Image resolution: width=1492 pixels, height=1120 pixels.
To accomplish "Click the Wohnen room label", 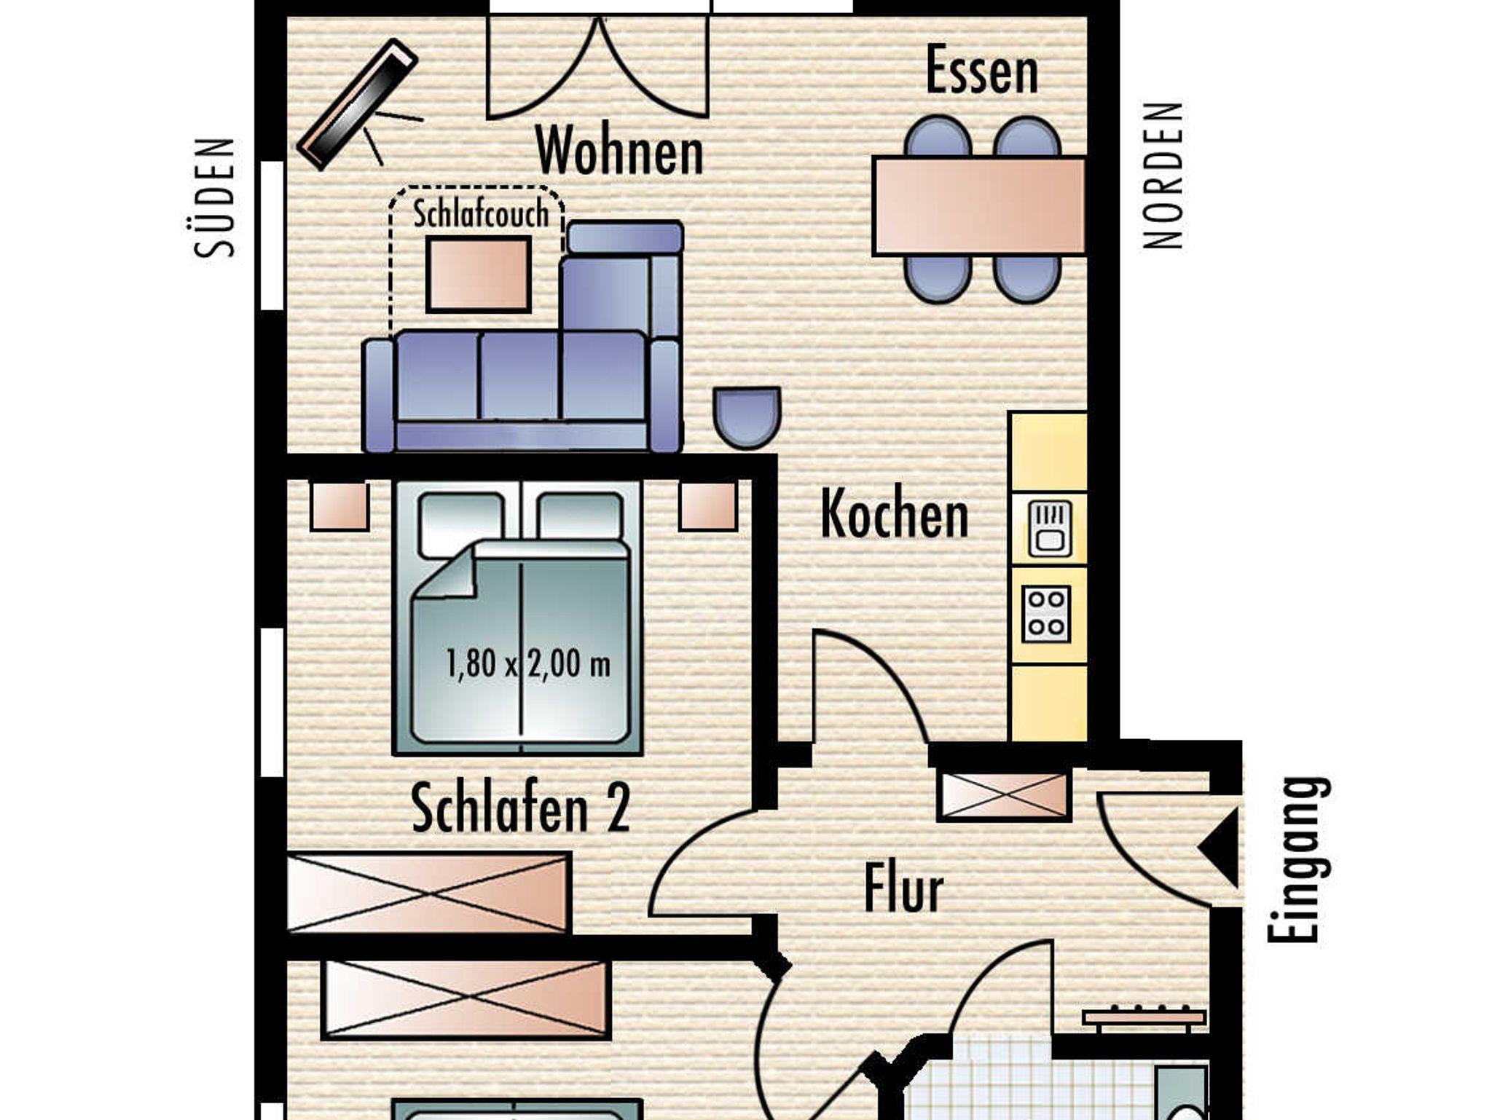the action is click(x=620, y=150).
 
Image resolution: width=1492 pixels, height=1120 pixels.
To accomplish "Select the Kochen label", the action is click(x=895, y=514).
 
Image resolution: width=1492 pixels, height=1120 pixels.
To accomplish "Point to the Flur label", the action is click(x=903, y=888).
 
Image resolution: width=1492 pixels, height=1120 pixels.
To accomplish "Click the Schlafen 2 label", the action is click(x=521, y=808).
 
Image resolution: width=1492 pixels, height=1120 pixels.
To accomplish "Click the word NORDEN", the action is click(x=1163, y=176).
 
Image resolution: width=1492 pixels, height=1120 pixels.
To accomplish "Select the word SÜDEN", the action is click(x=215, y=197).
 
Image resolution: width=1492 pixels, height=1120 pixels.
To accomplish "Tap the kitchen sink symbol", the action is click(x=1049, y=529).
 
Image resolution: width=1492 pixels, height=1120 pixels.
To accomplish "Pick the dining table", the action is click(x=980, y=206).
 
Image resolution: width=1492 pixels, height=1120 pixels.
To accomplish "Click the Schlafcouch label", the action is click(x=481, y=214).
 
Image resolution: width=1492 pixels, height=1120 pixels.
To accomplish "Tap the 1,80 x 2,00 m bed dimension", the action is click(x=527, y=664).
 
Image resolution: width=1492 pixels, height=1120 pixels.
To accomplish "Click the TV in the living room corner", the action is click(x=357, y=104).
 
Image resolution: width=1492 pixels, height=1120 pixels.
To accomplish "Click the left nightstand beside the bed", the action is click(x=339, y=505).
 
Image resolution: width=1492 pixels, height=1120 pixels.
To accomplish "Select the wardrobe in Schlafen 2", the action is click(x=429, y=893).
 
